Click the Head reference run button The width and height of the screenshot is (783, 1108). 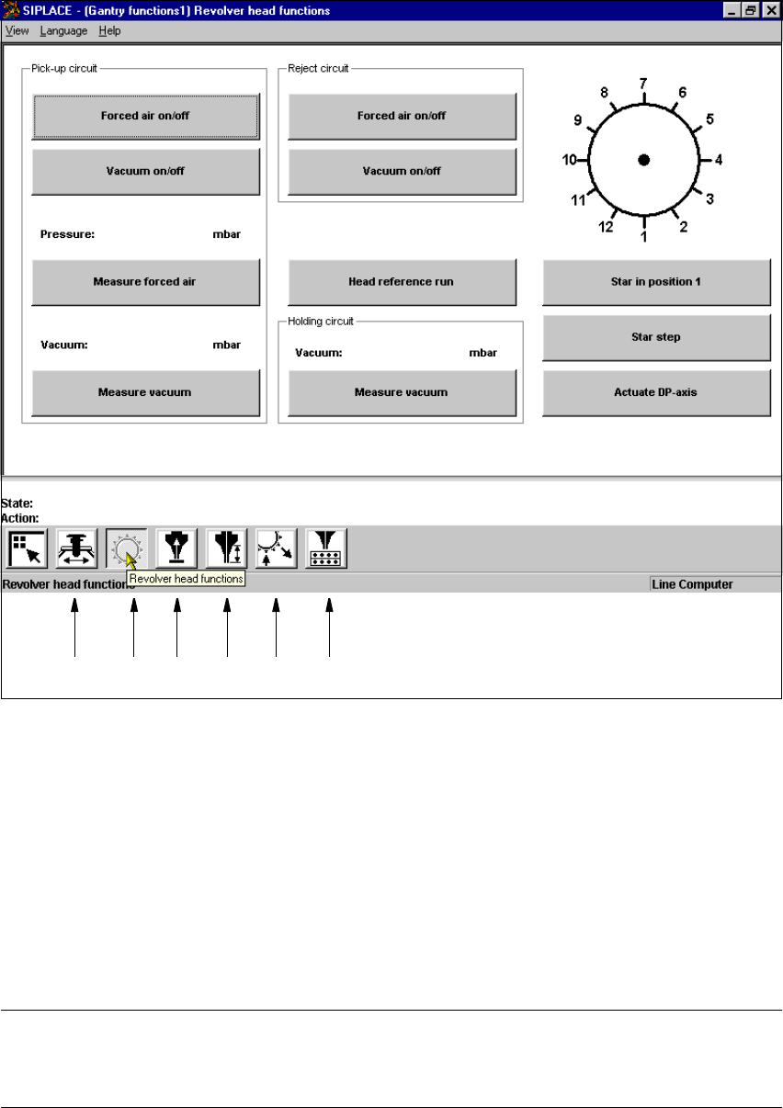click(402, 282)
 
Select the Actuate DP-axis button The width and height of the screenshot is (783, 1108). click(656, 392)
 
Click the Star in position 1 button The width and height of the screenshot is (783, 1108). click(656, 282)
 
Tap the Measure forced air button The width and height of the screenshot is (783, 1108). click(145, 282)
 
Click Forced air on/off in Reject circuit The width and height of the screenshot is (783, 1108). click(402, 116)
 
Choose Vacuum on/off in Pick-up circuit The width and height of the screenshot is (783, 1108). click(145, 171)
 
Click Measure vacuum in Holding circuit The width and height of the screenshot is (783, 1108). click(402, 392)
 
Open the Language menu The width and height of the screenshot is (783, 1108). click(63, 30)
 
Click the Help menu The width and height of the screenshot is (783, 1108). click(109, 30)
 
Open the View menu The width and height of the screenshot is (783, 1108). click(17, 30)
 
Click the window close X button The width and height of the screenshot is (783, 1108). click(771, 10)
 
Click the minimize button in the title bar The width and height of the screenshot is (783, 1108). click(731, 10)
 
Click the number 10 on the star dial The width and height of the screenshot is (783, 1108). click(570, 160)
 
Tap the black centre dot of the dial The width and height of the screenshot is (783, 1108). click(644, 160)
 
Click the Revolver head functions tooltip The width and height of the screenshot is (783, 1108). click(186, 579)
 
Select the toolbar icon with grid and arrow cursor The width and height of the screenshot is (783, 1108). click(27, 548)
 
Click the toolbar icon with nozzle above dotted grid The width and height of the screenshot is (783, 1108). click(325, 548)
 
